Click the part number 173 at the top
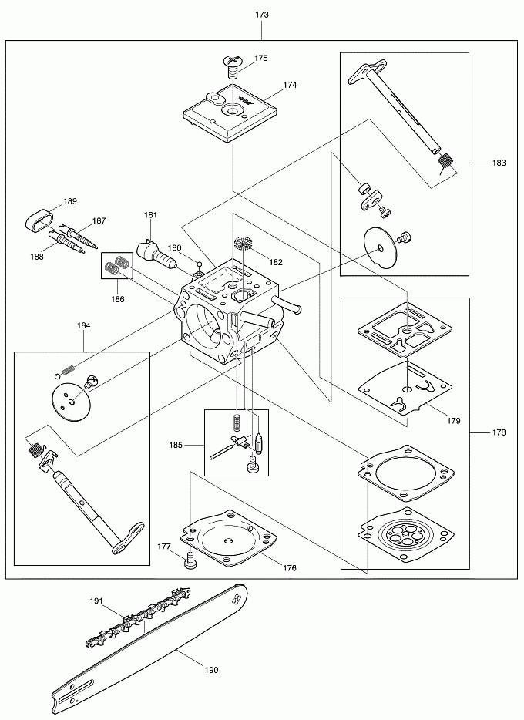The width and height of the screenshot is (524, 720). tap(261, 15)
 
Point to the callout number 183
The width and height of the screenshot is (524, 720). tap(499, 163)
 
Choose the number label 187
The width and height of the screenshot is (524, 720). tap(99, 220)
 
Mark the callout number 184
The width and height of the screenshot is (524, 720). tap(83, 326)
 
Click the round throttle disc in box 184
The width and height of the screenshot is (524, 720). tap(71, 398)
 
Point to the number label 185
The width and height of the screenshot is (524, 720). tap(176, 445)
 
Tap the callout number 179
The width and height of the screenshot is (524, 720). tap(454, 421)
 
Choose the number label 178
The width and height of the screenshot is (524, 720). tap(499, 432)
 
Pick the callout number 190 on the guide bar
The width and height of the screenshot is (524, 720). tap(210, 670)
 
